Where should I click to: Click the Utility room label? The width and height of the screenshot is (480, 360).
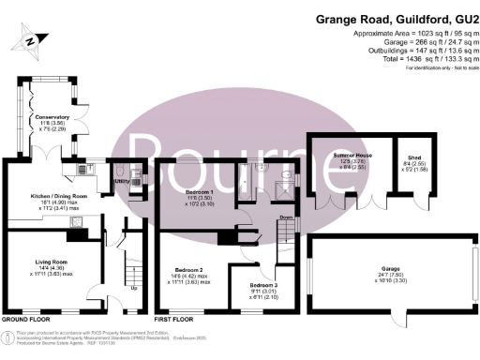tap(122, 180)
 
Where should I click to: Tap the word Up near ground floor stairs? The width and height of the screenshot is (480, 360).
tap(133, 287)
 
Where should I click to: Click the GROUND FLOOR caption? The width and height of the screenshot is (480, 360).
tap(26, 320)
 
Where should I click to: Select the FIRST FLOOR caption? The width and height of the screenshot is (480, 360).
tap(175, 320)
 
